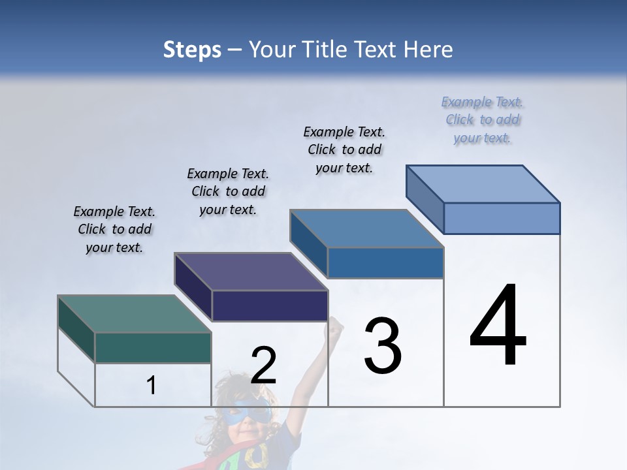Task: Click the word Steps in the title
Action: click(x=192, y=50)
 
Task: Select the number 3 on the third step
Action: click(x=383, y=346)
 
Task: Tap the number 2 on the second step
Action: click(x=263, y=366)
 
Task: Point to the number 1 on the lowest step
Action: click(x=152, y=386)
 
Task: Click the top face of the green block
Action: click(x=134, y=314)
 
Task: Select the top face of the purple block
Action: click(x=251, y=272)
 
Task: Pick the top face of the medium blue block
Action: click(x=366, y=228)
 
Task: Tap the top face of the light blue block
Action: click(x=483, y=184)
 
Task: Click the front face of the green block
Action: click(x=153, y=348)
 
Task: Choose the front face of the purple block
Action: click(x=270, y=305)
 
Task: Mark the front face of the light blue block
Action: click(x=502, y=218)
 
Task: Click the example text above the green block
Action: click(x=114, y=230)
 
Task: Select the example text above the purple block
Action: click(x=228, y=192)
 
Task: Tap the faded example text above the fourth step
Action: click(x=483, y=120)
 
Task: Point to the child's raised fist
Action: click(x=336, y=324)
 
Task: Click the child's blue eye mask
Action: click(x=253, y=411)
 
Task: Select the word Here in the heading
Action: click(x=428, y=50)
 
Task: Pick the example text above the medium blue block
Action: click(x=344, y=149)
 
